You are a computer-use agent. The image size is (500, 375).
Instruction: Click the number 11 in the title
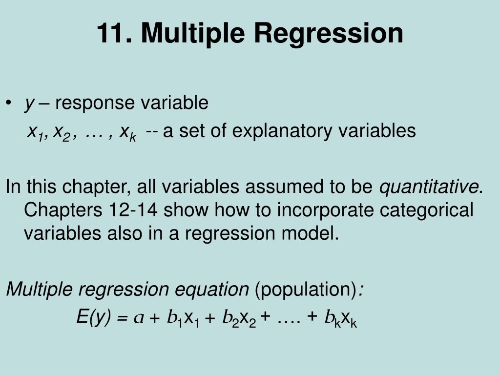pos(114,33)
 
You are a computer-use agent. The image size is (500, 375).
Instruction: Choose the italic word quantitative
pos(429,187)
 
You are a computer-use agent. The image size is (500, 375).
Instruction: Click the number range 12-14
pos(133,210)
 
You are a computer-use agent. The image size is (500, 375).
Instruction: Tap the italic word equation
pos(212,290)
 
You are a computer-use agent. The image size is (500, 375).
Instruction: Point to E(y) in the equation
pos(93,317)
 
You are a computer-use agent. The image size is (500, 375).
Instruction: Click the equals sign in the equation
pos(122,318)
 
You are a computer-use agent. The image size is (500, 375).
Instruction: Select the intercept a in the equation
pos(139,317)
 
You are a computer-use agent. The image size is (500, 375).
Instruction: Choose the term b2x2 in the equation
pos(239,318)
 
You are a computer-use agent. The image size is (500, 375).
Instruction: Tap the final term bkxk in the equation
pos(340,318)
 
